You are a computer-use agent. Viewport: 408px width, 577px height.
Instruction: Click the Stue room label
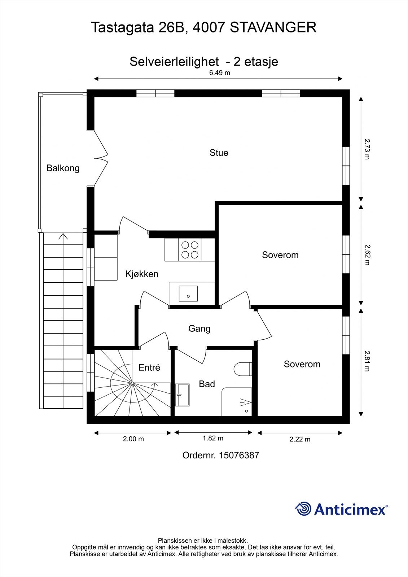219,153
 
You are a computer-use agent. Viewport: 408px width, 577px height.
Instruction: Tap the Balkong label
63,168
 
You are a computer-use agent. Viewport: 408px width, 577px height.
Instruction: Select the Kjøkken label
142,274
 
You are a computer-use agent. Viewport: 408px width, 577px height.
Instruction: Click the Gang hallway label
199,329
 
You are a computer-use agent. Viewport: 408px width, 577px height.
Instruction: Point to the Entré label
149,367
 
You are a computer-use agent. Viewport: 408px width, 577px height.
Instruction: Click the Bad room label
207,384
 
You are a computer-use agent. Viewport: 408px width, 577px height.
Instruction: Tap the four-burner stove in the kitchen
190,250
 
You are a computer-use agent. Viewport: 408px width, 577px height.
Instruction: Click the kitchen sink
188,293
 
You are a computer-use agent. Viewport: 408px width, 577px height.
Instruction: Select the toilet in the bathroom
242,369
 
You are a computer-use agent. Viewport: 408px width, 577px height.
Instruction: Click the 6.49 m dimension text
220,73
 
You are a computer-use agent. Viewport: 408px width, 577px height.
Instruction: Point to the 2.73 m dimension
367,149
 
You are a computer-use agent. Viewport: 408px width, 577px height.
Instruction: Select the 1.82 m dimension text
213,438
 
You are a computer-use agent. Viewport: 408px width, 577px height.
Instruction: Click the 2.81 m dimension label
367,361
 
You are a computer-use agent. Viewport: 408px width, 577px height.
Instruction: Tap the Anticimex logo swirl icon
303,509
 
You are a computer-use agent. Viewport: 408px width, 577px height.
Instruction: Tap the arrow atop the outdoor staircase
63,237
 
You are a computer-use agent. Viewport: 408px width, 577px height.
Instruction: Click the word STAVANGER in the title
273,27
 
